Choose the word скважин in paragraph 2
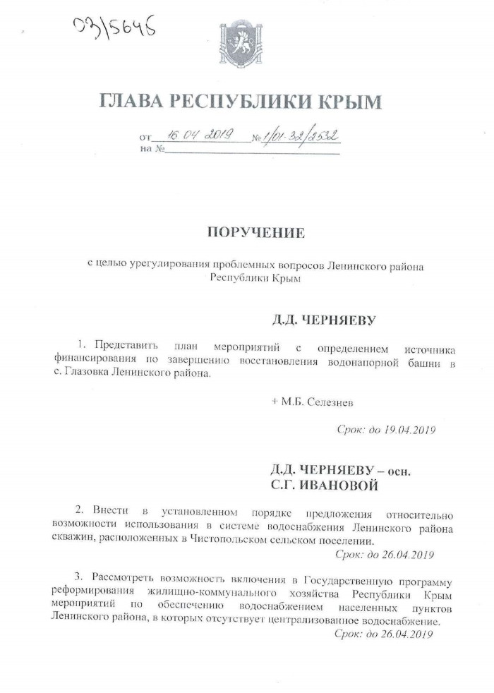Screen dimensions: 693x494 69,540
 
